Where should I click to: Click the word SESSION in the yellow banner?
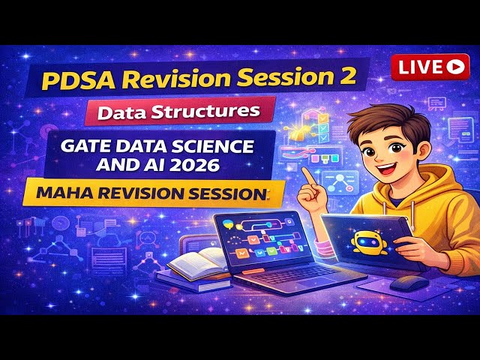click(225, 193)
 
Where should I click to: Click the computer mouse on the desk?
click(409, 283)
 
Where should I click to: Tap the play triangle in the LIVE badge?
click(454, 66)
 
